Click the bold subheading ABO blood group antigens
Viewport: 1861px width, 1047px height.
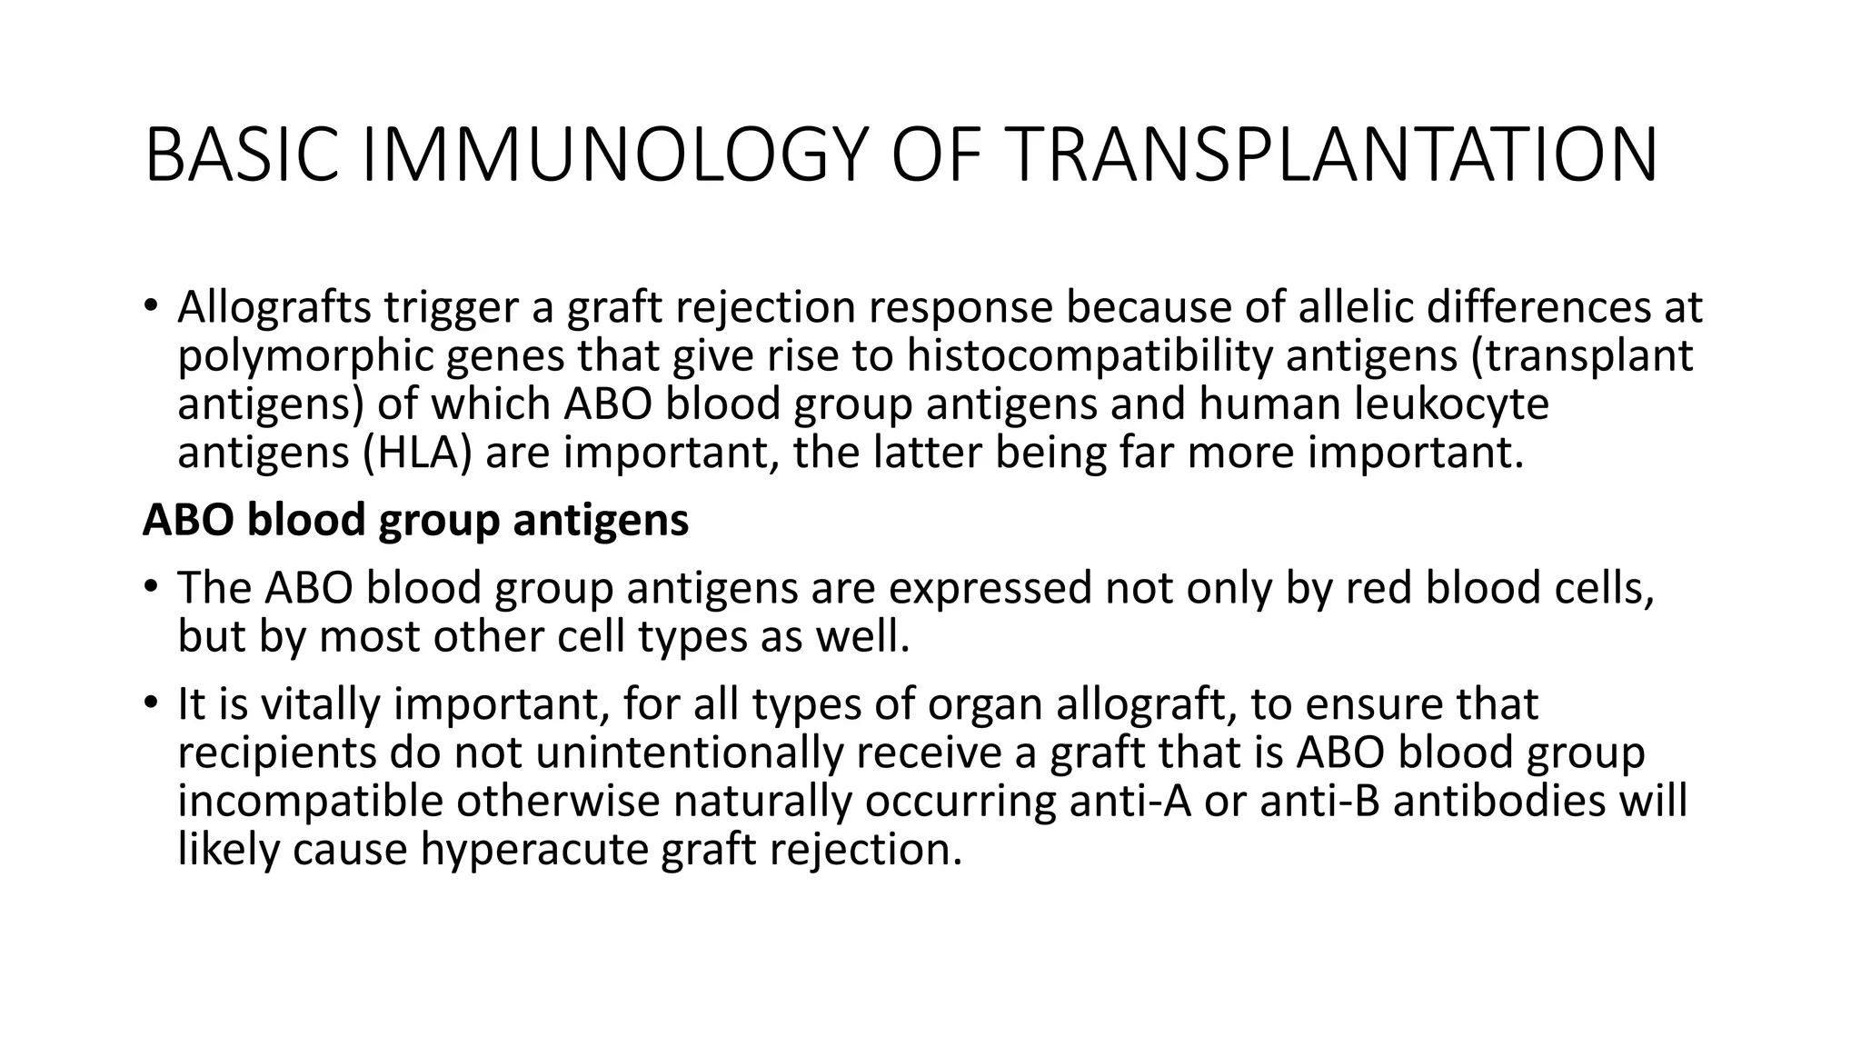[x=415, y=521]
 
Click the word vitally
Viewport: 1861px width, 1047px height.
[x=321, y=704]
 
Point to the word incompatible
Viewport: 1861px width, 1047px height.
[x=310, y=802]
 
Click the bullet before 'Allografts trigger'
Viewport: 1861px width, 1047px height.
[x=151, y=307]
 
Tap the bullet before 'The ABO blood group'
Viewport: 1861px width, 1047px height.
[x=151, y=587]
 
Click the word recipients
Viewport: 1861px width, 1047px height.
[x=276, y=753]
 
